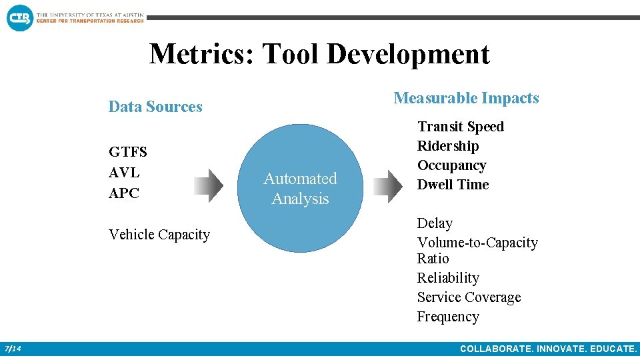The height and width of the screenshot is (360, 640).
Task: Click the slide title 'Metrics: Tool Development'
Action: point(319,54)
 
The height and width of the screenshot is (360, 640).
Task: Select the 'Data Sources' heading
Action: point(155,107)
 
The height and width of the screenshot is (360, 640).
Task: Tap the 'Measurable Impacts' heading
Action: point(466,98)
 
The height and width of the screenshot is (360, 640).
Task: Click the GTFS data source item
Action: point(128,152)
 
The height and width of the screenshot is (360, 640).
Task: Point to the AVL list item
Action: point(124,173)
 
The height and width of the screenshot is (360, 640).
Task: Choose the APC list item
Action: point(124,193)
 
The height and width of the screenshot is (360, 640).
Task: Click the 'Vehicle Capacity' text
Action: point(159,235)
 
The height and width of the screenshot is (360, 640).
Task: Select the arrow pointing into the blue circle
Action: point(208,185)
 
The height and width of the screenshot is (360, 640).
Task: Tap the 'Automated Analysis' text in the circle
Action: point(300,189)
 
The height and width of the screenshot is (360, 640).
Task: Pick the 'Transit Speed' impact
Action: point(460,127)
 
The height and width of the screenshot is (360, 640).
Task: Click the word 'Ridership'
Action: point(448,146)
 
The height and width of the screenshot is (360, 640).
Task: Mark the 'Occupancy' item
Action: point(451,165)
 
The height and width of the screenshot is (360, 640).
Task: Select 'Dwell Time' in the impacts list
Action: point(453,185)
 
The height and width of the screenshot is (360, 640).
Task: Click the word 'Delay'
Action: point(435,223)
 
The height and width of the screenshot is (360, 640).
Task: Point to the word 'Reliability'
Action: point(448,278)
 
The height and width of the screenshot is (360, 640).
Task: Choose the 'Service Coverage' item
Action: point(469,297)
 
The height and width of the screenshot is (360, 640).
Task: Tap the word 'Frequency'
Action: point(448,317)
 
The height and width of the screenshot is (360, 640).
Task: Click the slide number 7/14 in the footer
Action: point(13,349)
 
